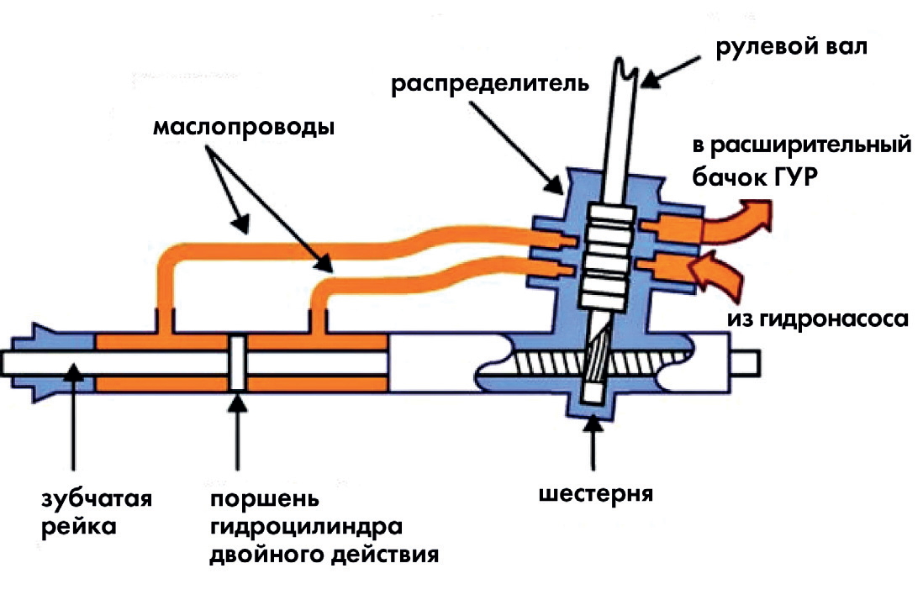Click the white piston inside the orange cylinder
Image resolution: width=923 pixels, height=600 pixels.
point(238,362)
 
